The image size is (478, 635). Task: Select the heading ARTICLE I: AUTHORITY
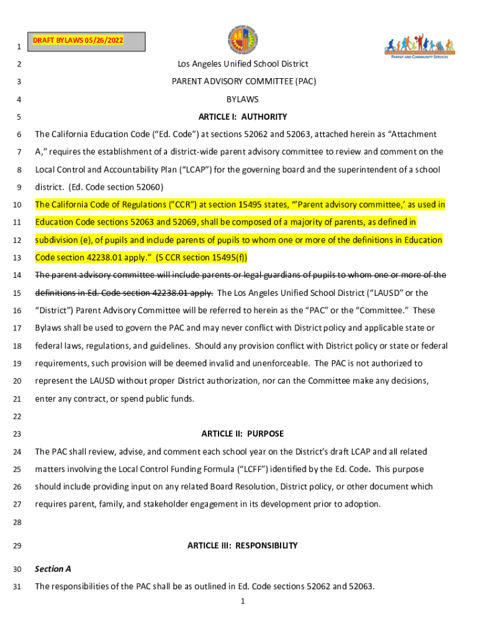[243, 117]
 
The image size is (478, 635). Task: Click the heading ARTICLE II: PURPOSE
[243, 434]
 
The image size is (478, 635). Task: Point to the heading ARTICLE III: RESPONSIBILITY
[243, 546]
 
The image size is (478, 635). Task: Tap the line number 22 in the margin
[19, 416]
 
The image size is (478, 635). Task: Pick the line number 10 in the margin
[19, 205]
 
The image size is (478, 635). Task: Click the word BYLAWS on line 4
[243, 99]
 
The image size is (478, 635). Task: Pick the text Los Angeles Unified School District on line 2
[243, 64]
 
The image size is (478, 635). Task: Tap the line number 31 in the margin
[19, 587]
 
